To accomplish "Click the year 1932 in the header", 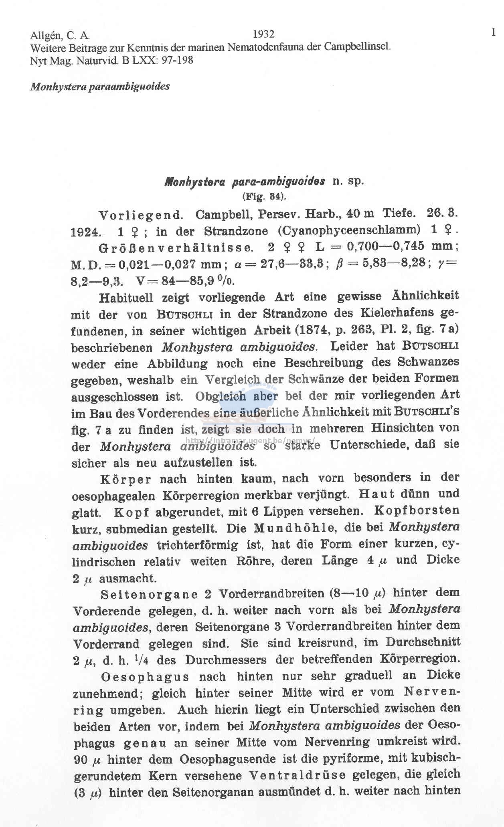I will coord(264,34).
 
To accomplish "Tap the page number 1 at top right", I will coord(493,32).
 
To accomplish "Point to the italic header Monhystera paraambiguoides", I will coord(99,87).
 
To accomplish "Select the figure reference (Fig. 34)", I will coord(264,196).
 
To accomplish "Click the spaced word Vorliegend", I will coord(141,215).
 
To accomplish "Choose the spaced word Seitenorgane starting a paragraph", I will coord(149,595).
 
